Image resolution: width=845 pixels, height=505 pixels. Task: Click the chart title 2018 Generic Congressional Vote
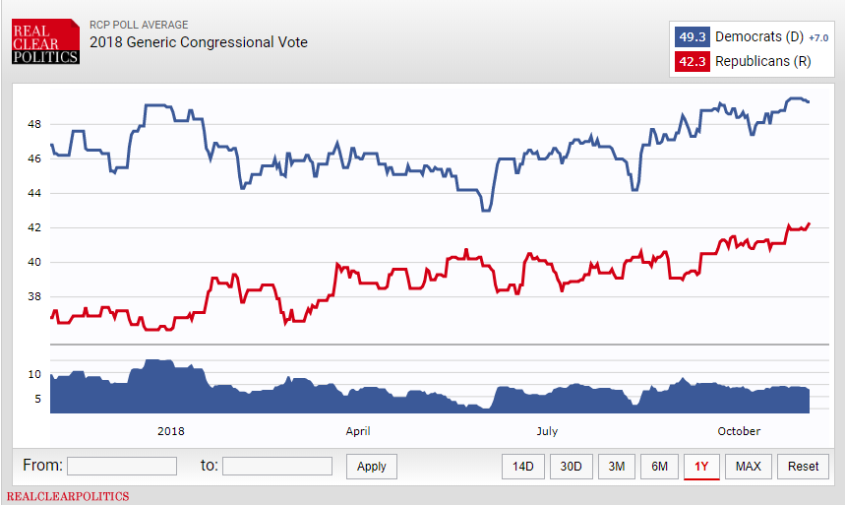[x=198, y=42]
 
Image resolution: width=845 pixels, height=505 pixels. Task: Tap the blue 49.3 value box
[x=692, y=37]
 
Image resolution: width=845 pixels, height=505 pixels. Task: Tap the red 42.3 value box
[x=692, y=62]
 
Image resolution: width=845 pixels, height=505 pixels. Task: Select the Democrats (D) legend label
[x=759, y=37]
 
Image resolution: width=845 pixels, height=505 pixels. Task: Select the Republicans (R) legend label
[x=762, y=62]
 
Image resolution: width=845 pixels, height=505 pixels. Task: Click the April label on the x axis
[x=358, y=431]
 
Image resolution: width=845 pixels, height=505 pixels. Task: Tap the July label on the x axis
[x=547, y=431]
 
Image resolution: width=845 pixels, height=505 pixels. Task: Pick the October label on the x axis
[x=739, y=431]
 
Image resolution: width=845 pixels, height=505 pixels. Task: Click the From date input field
[x=122, y=466]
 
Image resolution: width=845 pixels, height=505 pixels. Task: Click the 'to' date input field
[x=277, y=466]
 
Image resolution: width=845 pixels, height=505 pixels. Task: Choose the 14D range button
[x=523, y=466]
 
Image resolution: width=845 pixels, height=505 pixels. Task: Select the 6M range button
[x=659, y=466]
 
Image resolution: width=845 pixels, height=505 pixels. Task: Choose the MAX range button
[x=748, y=466]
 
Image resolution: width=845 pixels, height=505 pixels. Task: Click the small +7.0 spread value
[x=818, y=38]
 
